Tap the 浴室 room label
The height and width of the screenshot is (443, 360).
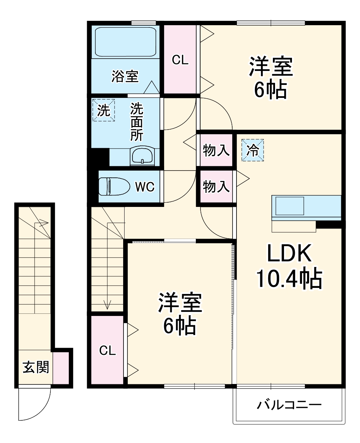point(125,76)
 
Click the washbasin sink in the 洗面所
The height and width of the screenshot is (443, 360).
point(143,156)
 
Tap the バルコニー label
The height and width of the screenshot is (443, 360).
point(289,406)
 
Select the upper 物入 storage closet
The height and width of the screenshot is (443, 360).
point(216,150)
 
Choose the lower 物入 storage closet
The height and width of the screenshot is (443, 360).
point(216,187)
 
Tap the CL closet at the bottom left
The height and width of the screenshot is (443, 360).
point(107,350)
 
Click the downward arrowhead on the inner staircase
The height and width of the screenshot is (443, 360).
point(107,305)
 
